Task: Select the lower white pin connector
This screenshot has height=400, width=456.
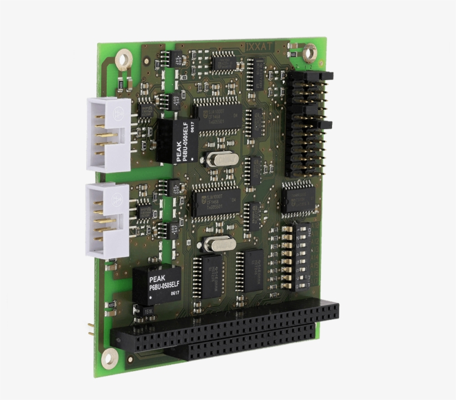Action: tap(107, 220)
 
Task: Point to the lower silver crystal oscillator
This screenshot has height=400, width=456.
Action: tap(219, 244)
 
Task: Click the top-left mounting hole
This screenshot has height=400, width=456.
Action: tap(123, 57)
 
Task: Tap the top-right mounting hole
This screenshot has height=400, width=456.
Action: tap(309, 53)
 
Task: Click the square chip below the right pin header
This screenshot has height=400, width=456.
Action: tap(298, 198)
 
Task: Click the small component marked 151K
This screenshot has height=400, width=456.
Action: tap(150, 312)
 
